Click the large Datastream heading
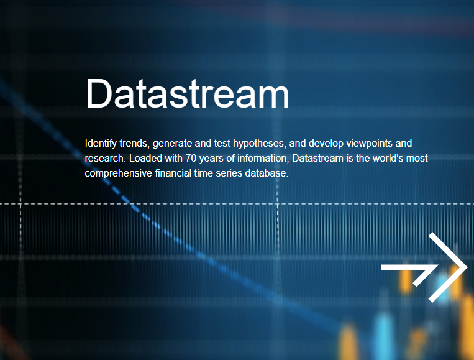[x=188, y=93]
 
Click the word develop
[x=326, y=144]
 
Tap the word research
[x=105, y=158]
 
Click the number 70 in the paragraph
[x=191, y=158]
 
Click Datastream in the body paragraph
[x=317, y=158]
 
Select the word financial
[x=173, y=173]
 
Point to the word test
[x=222, y=144]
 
